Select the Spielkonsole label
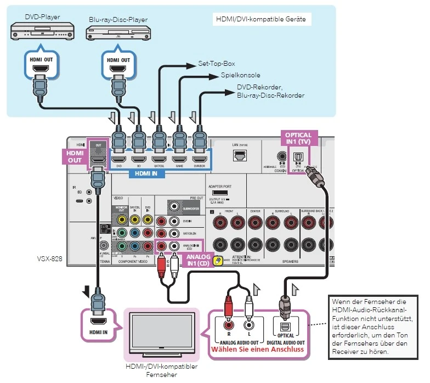tap(240, 75)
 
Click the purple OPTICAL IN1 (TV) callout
tap(298, 138)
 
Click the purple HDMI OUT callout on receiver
tap(75, 156)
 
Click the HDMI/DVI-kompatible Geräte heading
tap(261, 20)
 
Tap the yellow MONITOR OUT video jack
tap(122, 218)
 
